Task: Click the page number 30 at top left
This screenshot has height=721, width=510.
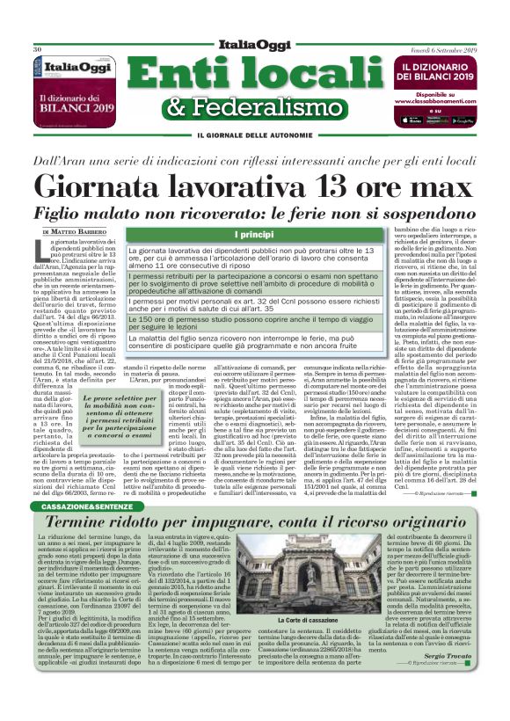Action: [37, 49]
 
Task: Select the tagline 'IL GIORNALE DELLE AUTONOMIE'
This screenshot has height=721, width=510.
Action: [255, 135]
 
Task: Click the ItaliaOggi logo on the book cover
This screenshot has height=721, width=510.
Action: [78, 65]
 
